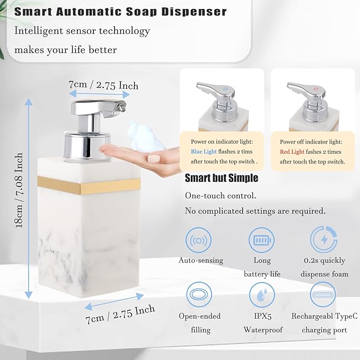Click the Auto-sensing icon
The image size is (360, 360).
point(200,240)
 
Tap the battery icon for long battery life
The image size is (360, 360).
point(261,240)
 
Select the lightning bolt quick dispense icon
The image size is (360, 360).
point(323,240)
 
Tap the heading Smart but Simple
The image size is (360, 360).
point(221,178)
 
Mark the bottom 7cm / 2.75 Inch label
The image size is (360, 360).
point(120,314)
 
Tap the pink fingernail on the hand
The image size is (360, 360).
point(154,157)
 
